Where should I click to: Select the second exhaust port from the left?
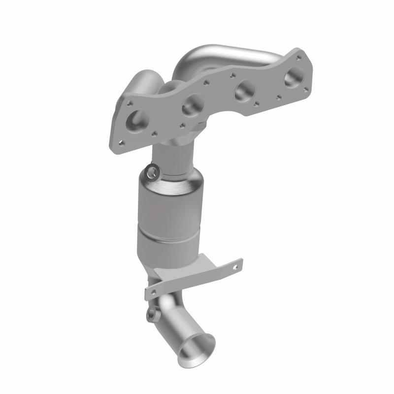pyautogui.click(x=192, y=104)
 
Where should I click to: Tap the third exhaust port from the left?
pyautogui.click(x=244, y=90)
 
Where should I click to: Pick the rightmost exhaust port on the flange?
pyautogui.click(x=295, y=75)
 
